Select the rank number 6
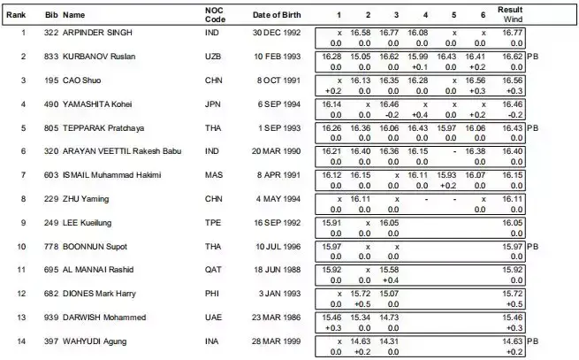pos(22,151)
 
